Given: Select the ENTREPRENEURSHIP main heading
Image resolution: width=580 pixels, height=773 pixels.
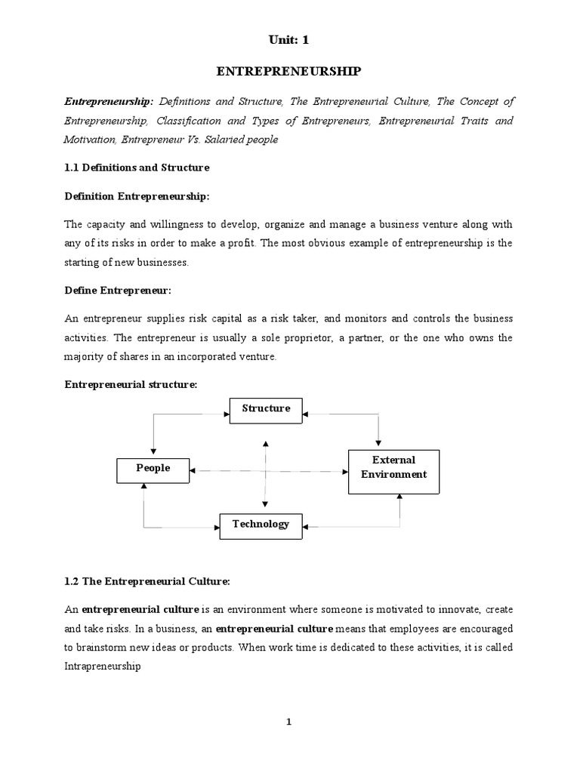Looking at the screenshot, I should click(289, 72).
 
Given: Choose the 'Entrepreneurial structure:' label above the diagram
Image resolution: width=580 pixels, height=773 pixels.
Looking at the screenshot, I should click(131, 384).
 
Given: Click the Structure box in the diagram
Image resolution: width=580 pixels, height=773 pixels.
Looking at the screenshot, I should click(266, 409).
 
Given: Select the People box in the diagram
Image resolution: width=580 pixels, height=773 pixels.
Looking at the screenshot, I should click(153, 469).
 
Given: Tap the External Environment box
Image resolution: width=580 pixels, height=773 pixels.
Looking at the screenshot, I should click(393, 468).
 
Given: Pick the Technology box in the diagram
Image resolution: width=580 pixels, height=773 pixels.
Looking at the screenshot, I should click(261, 525).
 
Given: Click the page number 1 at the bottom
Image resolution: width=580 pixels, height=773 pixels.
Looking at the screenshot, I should click(288, 722).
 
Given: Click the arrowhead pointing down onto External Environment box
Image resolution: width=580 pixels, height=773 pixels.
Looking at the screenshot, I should click(378, 445).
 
